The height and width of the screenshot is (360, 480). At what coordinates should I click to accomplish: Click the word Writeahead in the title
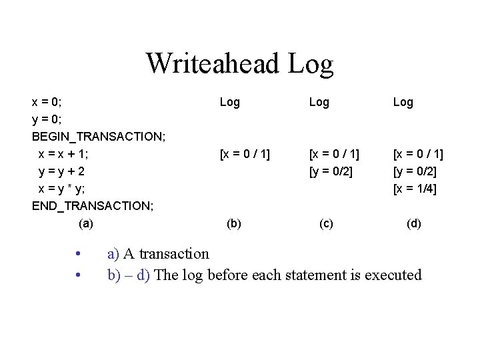tap(213, 63)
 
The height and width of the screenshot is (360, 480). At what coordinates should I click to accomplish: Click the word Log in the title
tap(311, 63)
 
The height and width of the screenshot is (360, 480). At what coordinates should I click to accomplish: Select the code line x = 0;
tap(47, 102)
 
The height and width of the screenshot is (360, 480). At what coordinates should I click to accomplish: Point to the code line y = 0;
tap(47, 119)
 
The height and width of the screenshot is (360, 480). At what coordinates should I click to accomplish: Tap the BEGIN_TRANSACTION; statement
tap(99, 137)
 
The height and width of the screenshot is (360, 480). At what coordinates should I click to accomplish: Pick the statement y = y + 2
tap(62, 171)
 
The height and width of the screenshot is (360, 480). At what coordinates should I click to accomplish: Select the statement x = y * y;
tap(61, 189)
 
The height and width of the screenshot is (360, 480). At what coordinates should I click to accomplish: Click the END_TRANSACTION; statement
tap(93, 206)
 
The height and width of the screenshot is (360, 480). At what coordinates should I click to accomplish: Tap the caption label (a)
tap(86, 223)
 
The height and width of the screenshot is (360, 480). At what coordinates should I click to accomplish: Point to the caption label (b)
tap(234, 223)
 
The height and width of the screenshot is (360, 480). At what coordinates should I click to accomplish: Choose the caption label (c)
tap(326, 223)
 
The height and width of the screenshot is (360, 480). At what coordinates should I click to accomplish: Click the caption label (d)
tap(414, 223)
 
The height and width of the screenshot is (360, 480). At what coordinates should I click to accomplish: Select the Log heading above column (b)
tap(230, 102)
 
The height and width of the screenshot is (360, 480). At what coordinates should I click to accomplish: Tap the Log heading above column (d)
tap(403, 102)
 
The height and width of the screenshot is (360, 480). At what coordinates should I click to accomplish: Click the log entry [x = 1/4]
tap(415, 189)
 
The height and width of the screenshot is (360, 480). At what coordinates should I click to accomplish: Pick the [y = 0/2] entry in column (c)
tap(331, 171)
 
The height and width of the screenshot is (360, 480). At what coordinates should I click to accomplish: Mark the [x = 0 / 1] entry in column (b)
tap(245, 154)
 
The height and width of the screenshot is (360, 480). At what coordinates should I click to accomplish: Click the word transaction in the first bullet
tap(173, 254)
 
